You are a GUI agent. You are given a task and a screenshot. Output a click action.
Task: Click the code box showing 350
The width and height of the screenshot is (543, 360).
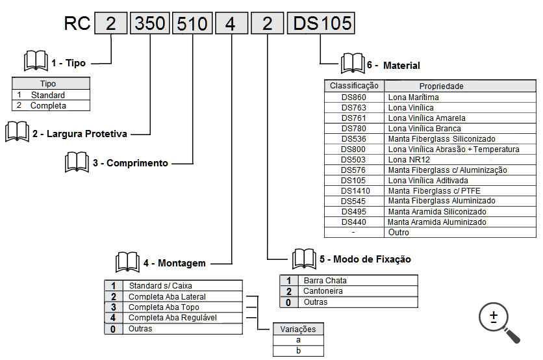(150, 24)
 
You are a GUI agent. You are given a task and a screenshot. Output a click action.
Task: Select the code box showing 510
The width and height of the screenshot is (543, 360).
(192, 24)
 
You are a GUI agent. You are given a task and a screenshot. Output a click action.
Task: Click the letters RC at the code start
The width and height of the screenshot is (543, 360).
(77, 24)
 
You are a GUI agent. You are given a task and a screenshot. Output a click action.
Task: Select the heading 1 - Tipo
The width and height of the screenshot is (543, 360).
(68, 63)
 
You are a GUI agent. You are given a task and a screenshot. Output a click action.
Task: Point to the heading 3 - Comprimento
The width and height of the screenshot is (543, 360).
(130, 163)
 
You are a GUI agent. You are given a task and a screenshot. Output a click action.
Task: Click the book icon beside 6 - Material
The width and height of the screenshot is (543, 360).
(352, 64)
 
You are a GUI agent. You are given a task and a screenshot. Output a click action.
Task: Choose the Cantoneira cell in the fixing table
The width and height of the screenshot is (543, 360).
(359, 291)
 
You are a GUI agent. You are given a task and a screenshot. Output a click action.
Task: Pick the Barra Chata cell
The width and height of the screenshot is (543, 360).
(359, 281)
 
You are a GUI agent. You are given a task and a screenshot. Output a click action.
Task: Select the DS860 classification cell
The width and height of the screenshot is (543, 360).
(354, 97)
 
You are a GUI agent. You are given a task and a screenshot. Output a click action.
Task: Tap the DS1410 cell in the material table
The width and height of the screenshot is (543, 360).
(354, 191)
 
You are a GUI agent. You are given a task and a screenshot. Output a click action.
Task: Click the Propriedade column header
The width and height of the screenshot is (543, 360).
(442, 86)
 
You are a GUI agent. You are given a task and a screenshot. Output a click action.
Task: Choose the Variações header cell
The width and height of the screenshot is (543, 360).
(298, 329)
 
